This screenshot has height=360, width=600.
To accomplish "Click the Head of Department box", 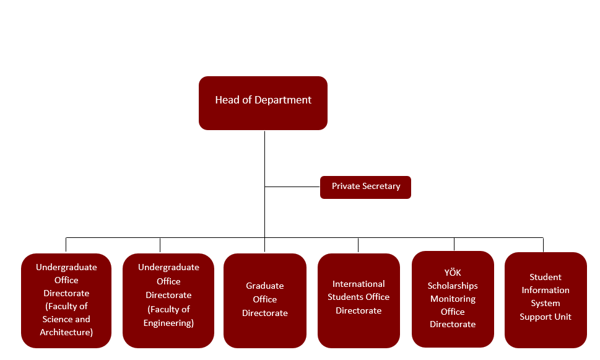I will [263, 103].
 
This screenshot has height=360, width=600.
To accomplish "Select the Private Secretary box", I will [365, 187].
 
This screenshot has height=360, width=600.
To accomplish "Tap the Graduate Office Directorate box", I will [265, 301].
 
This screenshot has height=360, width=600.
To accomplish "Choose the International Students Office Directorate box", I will [359, 301].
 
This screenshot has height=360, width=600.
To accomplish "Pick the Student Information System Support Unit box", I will [546, 301].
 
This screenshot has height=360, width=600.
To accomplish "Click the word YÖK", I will [453, 273].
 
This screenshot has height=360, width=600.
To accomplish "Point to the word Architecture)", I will [66, 333].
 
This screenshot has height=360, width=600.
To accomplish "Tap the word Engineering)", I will [168, 323].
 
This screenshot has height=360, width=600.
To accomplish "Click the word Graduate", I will [265, 286].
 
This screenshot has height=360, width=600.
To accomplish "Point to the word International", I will [359, 284].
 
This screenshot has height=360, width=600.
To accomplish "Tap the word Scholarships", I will [453, 286].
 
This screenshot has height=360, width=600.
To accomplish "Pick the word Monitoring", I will [453, 299].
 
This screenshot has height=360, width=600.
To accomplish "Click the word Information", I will [546, 290].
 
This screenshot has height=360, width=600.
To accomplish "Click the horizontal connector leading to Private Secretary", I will [292, 187].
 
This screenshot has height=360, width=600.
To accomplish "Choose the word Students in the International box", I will [345, 297].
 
